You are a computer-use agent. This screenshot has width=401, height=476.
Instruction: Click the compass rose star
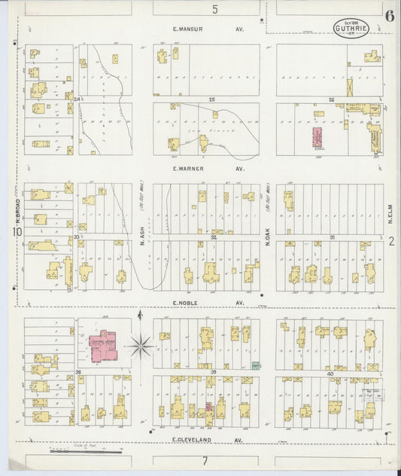pos(140,346)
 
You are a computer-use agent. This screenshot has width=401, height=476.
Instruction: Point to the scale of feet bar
pos(84,451)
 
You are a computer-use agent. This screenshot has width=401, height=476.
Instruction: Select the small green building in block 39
pos(256,366)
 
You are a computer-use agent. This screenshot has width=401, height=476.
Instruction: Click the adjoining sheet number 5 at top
pos(214,10)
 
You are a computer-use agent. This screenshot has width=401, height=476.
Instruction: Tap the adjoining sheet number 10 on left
pos(17,233)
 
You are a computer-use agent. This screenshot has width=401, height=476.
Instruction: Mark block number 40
pos(330,374)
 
